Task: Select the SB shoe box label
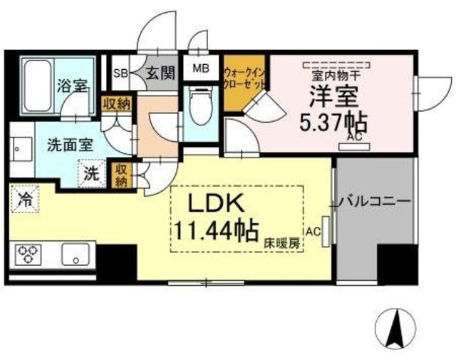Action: point(121,72)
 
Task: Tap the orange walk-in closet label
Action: point(244,78)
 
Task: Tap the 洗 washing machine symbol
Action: point(91,172)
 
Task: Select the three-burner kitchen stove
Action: point(29,253)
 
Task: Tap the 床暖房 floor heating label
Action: point(283,243)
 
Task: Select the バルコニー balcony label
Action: point(375,202)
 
